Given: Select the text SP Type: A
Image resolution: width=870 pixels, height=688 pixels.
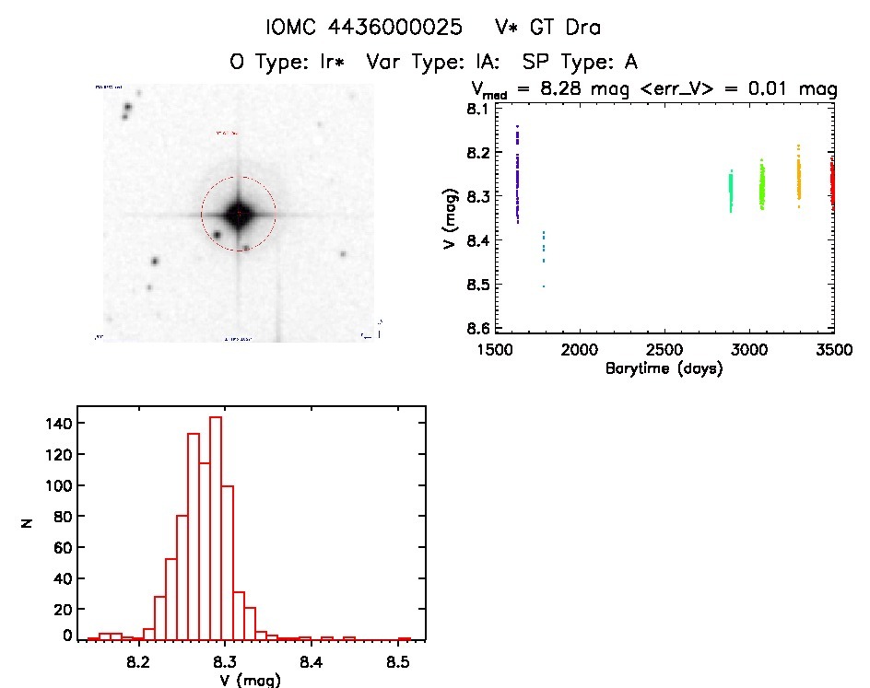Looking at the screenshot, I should (x=580, y=63).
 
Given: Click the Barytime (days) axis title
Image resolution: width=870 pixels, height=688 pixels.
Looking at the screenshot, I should (x=664, y=369).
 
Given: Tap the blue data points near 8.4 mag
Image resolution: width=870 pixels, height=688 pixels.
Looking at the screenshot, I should (x=543, y=247).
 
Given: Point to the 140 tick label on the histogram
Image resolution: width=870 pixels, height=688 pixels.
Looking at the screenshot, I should (x=55, y=423).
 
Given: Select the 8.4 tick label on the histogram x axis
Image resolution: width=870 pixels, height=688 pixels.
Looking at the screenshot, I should (x=311, y=660).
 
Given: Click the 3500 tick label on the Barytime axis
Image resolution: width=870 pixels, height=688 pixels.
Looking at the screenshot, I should (x=833, y=350).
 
